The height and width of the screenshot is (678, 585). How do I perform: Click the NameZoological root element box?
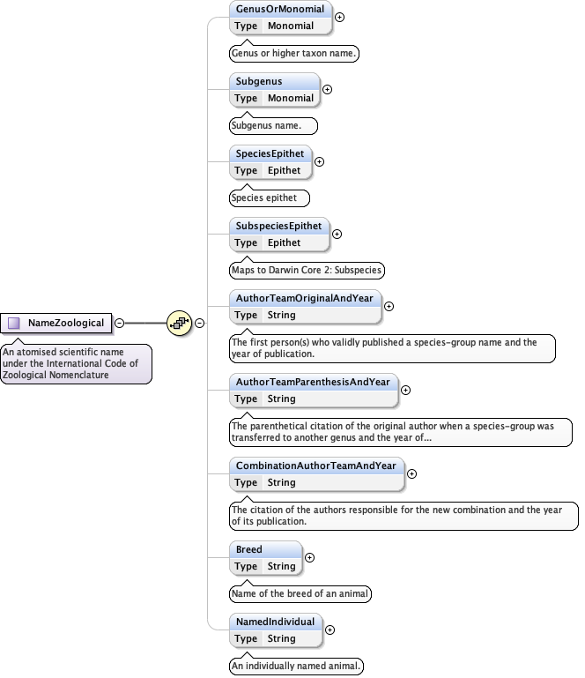(x=57, y=323)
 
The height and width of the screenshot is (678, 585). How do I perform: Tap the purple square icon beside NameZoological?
(x=14, y=323)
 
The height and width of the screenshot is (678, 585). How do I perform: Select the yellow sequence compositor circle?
(x=180, y=323)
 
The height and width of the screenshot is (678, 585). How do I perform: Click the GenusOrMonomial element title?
(x=280, y=10)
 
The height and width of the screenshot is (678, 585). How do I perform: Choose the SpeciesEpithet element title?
(x=269, y=154)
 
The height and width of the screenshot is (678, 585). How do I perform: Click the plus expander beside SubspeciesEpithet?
(x=337, y=234)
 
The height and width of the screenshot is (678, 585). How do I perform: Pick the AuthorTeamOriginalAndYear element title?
(x=304, y=299)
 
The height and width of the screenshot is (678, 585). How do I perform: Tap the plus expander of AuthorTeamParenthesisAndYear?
(x=405, y=389)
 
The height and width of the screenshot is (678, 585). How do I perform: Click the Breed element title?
(x=249, y=549)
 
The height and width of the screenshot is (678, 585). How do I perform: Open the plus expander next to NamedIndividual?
(x=330, y=630)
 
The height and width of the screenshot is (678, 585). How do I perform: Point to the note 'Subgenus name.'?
(x=272, y=126)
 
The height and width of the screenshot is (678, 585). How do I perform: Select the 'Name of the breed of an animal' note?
(x=300, y=593)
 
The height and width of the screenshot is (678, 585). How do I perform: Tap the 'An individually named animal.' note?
(x=296, y=666)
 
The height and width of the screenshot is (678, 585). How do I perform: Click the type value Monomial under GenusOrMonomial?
(x=291, y=26)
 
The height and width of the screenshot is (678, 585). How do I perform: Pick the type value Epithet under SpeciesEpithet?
(x=285, y=171)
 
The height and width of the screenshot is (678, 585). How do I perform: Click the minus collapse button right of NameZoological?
(x=120, y=323)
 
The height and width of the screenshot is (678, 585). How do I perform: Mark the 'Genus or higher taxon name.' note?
(x=294, y=54)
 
